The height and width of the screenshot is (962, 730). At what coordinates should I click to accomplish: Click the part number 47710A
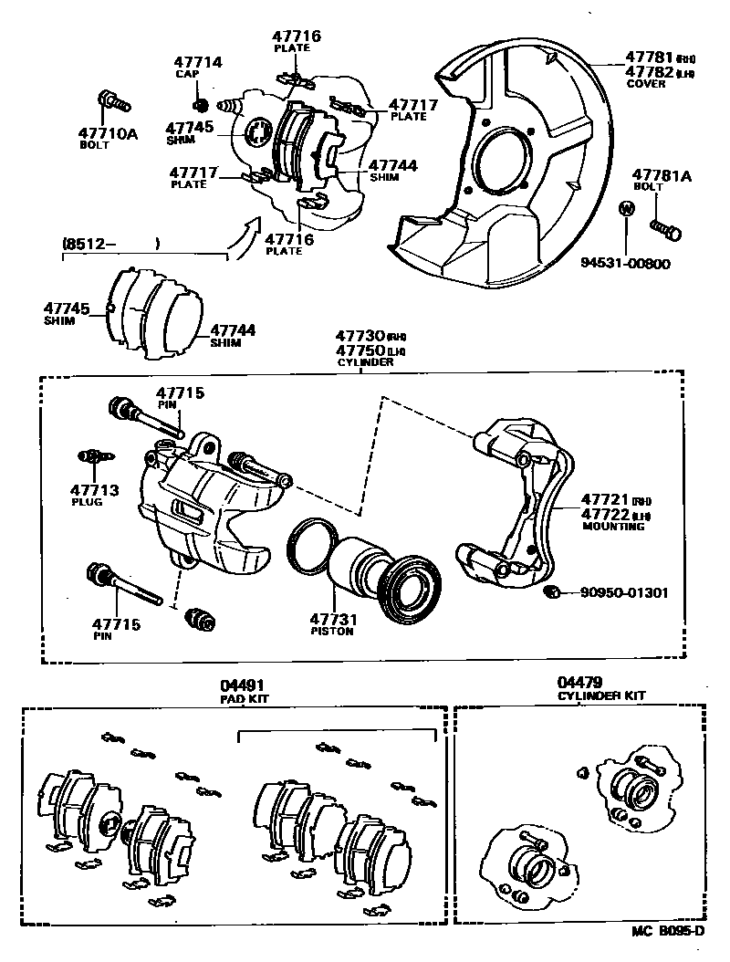(x=107, y=133)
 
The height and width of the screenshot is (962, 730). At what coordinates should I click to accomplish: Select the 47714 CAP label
(x=199, y=68)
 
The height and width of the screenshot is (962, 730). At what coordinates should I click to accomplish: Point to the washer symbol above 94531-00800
(x=626, y=208)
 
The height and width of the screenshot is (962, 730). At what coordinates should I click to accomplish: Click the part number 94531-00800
(x=625, y=264)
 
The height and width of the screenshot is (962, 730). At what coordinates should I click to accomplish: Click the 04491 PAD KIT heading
(x=240, y=690)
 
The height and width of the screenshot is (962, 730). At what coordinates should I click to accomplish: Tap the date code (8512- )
(x=109, y=244)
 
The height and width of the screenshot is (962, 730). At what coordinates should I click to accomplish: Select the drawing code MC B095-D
(x=668, y=931)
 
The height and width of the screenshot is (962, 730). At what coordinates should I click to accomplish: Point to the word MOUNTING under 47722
(x=612, y=527)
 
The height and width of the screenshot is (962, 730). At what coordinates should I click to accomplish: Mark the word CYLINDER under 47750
(x=369, y=361)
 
